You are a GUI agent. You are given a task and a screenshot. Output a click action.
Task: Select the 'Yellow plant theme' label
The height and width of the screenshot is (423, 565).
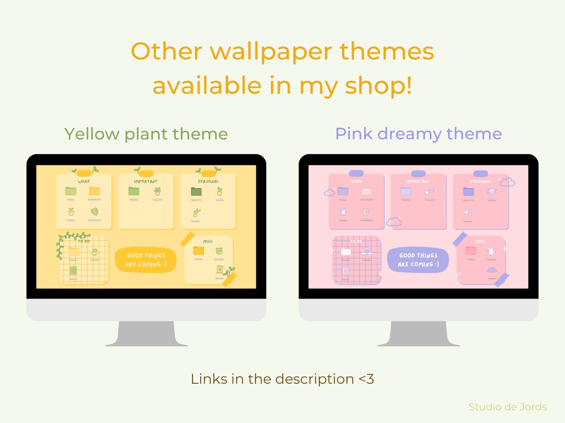146,134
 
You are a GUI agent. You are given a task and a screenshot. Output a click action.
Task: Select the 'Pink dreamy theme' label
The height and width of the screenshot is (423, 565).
418,134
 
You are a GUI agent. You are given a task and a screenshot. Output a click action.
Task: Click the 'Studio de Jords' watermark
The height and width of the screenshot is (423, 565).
507,407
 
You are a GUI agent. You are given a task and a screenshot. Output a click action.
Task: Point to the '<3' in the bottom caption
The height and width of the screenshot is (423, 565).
366,379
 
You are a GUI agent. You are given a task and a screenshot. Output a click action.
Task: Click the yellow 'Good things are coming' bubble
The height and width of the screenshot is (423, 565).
146,260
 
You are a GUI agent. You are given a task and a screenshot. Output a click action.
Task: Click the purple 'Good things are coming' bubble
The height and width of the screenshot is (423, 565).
418,260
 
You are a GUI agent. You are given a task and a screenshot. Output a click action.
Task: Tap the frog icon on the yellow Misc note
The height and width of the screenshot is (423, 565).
219,251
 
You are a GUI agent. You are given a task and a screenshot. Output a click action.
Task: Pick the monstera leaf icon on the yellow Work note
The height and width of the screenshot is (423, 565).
94,212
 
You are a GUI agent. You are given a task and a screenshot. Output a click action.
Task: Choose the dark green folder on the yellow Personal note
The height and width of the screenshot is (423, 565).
196,192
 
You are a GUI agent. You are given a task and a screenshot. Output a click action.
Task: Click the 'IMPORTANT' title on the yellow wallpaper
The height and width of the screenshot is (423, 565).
146,181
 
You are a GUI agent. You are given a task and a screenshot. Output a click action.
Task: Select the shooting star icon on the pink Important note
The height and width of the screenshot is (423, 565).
429,192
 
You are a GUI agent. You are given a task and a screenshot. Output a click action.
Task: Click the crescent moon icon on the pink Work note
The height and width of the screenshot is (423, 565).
366,212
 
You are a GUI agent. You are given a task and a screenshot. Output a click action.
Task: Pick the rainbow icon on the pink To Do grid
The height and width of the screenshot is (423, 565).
366,252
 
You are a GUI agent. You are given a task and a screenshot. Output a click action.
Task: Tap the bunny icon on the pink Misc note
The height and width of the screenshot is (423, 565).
491,251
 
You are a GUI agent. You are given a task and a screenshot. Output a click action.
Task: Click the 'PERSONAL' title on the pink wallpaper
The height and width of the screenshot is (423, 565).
480,181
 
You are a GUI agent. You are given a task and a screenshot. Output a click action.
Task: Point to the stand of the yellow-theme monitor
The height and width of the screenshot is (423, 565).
146,334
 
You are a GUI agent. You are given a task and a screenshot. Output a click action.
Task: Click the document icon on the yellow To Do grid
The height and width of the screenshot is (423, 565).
73,271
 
